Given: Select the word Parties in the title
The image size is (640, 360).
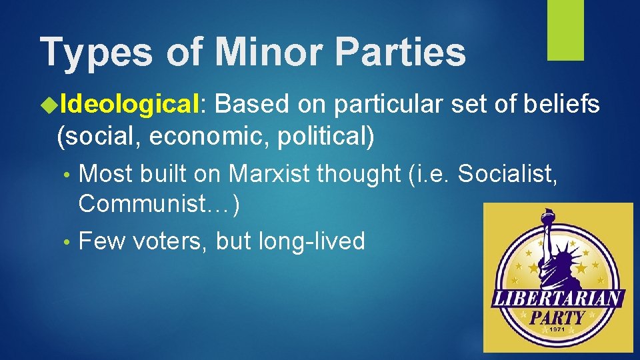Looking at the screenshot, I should [x=393, y=51].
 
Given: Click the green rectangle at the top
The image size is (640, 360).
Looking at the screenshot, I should [x=565, y=29].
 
